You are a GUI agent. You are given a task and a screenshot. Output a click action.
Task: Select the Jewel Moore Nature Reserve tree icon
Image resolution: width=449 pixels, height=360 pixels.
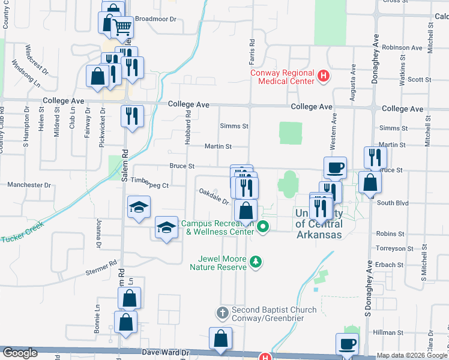(x=256, y=261)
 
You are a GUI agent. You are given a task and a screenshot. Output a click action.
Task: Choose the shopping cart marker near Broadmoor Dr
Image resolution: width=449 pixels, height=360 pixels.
(x=122, y=26)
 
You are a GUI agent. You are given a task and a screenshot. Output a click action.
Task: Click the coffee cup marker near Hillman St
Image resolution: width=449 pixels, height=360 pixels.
(x=347, y=344)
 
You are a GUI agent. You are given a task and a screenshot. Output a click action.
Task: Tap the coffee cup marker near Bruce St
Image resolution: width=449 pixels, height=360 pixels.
(x=335, y=167)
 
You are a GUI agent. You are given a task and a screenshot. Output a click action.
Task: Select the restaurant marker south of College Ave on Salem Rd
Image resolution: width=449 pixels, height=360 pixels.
(x=131, y=115)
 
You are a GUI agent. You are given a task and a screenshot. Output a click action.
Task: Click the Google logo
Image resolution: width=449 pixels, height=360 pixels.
(x=20, y=353)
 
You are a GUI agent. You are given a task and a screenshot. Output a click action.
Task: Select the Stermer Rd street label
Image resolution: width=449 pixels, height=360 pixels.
(x=101, y=266)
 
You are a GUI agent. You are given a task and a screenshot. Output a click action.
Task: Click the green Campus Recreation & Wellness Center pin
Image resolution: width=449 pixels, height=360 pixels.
(x=262, y=227)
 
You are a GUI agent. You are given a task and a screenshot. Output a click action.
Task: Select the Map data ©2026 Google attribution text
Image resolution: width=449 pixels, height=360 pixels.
(x=412, y=355)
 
